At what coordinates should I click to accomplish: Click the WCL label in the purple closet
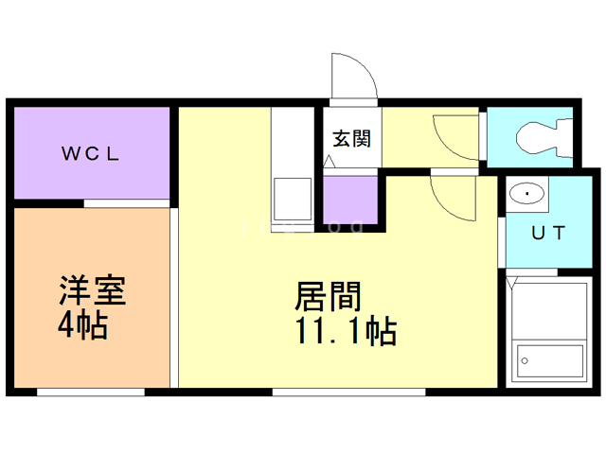[90, 153]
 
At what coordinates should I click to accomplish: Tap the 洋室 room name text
[93, 290]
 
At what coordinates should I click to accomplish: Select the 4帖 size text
[82, 325]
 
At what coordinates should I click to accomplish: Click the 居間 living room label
[328, 296]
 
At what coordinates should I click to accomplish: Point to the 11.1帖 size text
[346, 331]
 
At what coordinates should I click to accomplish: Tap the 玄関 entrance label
[351, 139]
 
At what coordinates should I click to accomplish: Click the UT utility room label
[548, 233]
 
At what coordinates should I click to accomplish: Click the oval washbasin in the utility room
[526, 193]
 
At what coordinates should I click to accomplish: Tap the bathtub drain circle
[525, 361]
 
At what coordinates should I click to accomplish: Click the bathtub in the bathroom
[550, 361]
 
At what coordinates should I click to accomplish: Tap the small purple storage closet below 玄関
[350, 200]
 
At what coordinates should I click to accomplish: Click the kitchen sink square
[293, 200]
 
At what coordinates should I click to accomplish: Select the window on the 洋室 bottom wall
[91, 393]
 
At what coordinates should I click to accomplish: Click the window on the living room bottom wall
[349, 393]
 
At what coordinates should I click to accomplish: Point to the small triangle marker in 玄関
[329, 161]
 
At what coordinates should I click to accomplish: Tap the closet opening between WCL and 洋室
[127, 204]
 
